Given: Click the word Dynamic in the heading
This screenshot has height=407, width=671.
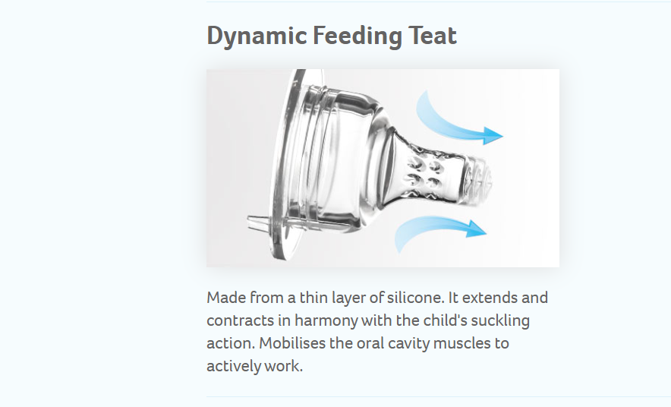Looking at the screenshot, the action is coord(257,36).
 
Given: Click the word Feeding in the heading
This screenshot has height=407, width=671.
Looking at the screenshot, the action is coord(358,36).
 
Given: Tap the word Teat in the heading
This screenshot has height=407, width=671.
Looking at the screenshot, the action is coord(433,35).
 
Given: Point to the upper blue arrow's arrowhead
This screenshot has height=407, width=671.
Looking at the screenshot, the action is coord(493,136).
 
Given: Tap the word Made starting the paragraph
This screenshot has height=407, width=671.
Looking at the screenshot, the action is coord(226,298).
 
